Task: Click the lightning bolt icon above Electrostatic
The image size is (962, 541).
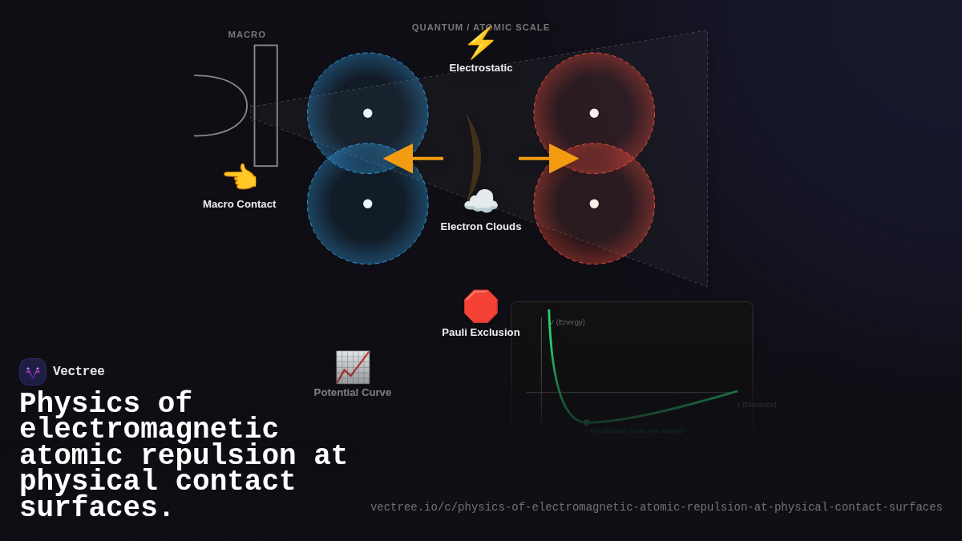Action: pyautogui.click(x=480, y=43)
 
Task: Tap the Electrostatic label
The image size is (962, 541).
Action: pyautogui.click(x=481, y=68)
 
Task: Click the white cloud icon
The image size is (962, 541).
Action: pyautogui.click(x=481, y=201)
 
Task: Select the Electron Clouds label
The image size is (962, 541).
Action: pyautogui.click(x=481, y=227)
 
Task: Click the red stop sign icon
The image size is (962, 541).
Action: pyautogui.click(x=481, y=306)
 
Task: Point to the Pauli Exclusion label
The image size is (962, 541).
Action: pyautogui.click(x=481, y=333)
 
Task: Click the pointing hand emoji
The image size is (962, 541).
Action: pyautogui.click(x=240, y=177)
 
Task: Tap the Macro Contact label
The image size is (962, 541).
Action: pyautogui.click(x=239, y=204)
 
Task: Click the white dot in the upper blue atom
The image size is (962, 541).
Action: pyautogui.click(x=368, y=113)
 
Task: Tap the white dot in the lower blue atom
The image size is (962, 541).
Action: pyautogui.click(x=368, y=204)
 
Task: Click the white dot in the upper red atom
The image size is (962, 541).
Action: pyautogui.click(x=594, y=113)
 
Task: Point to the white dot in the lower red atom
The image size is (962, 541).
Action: pyautogui.click(x=594, y=204)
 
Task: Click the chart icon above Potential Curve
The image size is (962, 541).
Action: pyautogui.click(x=353, y=367)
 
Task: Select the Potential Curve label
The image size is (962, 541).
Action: pyautogui.click(x=353, y=393)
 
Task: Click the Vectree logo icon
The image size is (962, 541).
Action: pyautogui.click(x=33, y=372)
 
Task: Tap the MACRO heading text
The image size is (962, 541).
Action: pyautogui.click(x=247, y=34)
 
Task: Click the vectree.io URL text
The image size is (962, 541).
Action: pyautogui.click(x=656, y=507)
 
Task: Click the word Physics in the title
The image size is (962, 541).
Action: pyautogui.click(x=79, y=403)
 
